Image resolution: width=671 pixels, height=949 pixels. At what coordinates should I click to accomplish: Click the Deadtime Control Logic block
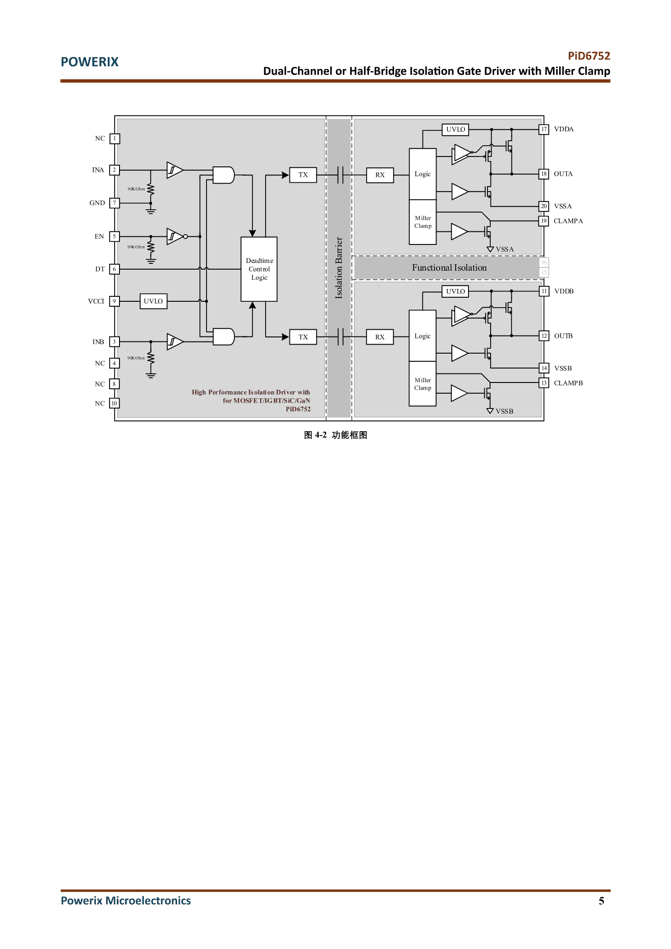pos(259,269)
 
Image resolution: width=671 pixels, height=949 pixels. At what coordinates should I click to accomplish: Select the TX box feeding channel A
pos(303,175)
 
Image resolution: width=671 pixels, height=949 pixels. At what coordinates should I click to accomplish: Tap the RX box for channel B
pos(380,337)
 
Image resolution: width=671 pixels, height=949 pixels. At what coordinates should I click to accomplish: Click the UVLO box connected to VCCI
pos(153,301)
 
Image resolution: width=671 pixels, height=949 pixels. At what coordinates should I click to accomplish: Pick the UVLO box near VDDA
pos(455,129)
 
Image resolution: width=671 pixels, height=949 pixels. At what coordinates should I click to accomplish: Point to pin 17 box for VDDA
pos(544,129)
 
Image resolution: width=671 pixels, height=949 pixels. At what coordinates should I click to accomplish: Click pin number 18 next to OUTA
pos(544,174)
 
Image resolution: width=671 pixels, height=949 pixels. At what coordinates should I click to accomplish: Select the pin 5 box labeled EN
pos(115,236)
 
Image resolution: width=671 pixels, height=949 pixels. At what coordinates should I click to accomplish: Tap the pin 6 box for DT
pos(115,269)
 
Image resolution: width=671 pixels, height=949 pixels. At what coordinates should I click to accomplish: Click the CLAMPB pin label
pos(568,383)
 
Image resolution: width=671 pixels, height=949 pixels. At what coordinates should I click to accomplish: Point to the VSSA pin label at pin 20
pos(563,206)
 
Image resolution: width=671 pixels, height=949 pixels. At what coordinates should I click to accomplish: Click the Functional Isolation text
pos(449,267)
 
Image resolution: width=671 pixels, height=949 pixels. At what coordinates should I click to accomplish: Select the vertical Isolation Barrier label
pos(339,268)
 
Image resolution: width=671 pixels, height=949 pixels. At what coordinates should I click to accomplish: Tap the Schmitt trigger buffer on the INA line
pos(175,170)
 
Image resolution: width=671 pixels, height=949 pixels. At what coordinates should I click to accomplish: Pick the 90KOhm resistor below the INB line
pos(151,359)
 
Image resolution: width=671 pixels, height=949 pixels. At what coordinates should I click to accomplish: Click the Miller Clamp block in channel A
pos(423,222)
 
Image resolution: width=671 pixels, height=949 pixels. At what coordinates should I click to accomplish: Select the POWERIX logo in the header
pos(90,62)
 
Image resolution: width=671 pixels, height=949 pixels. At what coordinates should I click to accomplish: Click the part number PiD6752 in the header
pos(589,56)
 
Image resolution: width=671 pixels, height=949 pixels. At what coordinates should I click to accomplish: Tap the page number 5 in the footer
pos(601,901)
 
